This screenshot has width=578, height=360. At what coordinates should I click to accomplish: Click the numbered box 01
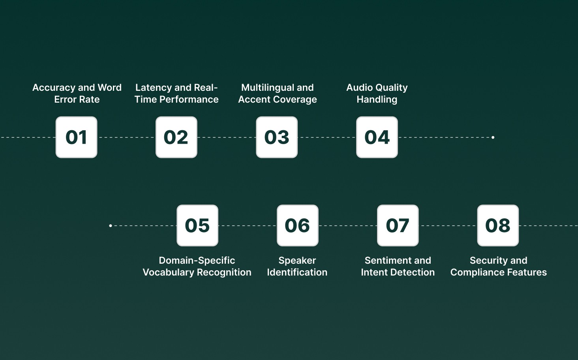(x=76, y=137)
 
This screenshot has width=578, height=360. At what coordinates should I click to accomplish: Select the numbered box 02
(x=176, y=137)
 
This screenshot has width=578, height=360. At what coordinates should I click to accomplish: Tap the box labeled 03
(x=277, y=137)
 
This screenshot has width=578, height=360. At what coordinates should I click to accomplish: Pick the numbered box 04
(x=377, y=137)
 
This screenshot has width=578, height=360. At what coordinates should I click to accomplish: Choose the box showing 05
(x=197, y=225)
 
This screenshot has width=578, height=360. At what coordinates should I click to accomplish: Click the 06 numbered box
(x=297, y=225)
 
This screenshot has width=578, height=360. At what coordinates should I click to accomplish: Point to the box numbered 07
(x=398, y=225)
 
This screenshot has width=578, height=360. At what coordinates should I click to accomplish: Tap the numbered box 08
(x=498, y=225)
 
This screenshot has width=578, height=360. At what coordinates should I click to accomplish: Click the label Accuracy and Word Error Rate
(x=77, y=94)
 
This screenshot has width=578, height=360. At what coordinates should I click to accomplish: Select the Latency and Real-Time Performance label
(x=176, y=94)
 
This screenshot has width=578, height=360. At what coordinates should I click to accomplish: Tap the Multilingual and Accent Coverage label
(x=278, y=94)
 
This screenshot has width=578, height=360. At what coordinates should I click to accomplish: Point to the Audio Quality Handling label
(x=377, y=94)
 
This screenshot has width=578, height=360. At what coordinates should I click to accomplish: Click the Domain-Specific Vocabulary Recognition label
(x=197, y=266)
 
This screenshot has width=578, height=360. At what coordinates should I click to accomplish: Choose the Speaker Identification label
(x=297, y=266)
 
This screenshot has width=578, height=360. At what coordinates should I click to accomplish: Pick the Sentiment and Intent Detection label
(x=398, y=266)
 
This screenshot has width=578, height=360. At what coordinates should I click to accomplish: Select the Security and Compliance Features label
(x=498, y=266)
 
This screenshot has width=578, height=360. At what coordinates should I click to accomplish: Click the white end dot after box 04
(x=493, y=137)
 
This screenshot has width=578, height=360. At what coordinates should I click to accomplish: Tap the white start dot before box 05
(x=111, y=226)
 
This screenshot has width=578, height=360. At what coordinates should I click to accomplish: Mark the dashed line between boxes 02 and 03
(x=227, y=137)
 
